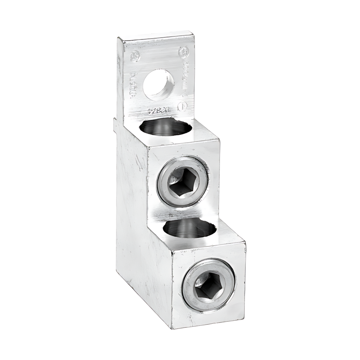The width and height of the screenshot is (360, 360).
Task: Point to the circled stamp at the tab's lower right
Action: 181,106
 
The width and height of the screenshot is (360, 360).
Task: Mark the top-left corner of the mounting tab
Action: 118,38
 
